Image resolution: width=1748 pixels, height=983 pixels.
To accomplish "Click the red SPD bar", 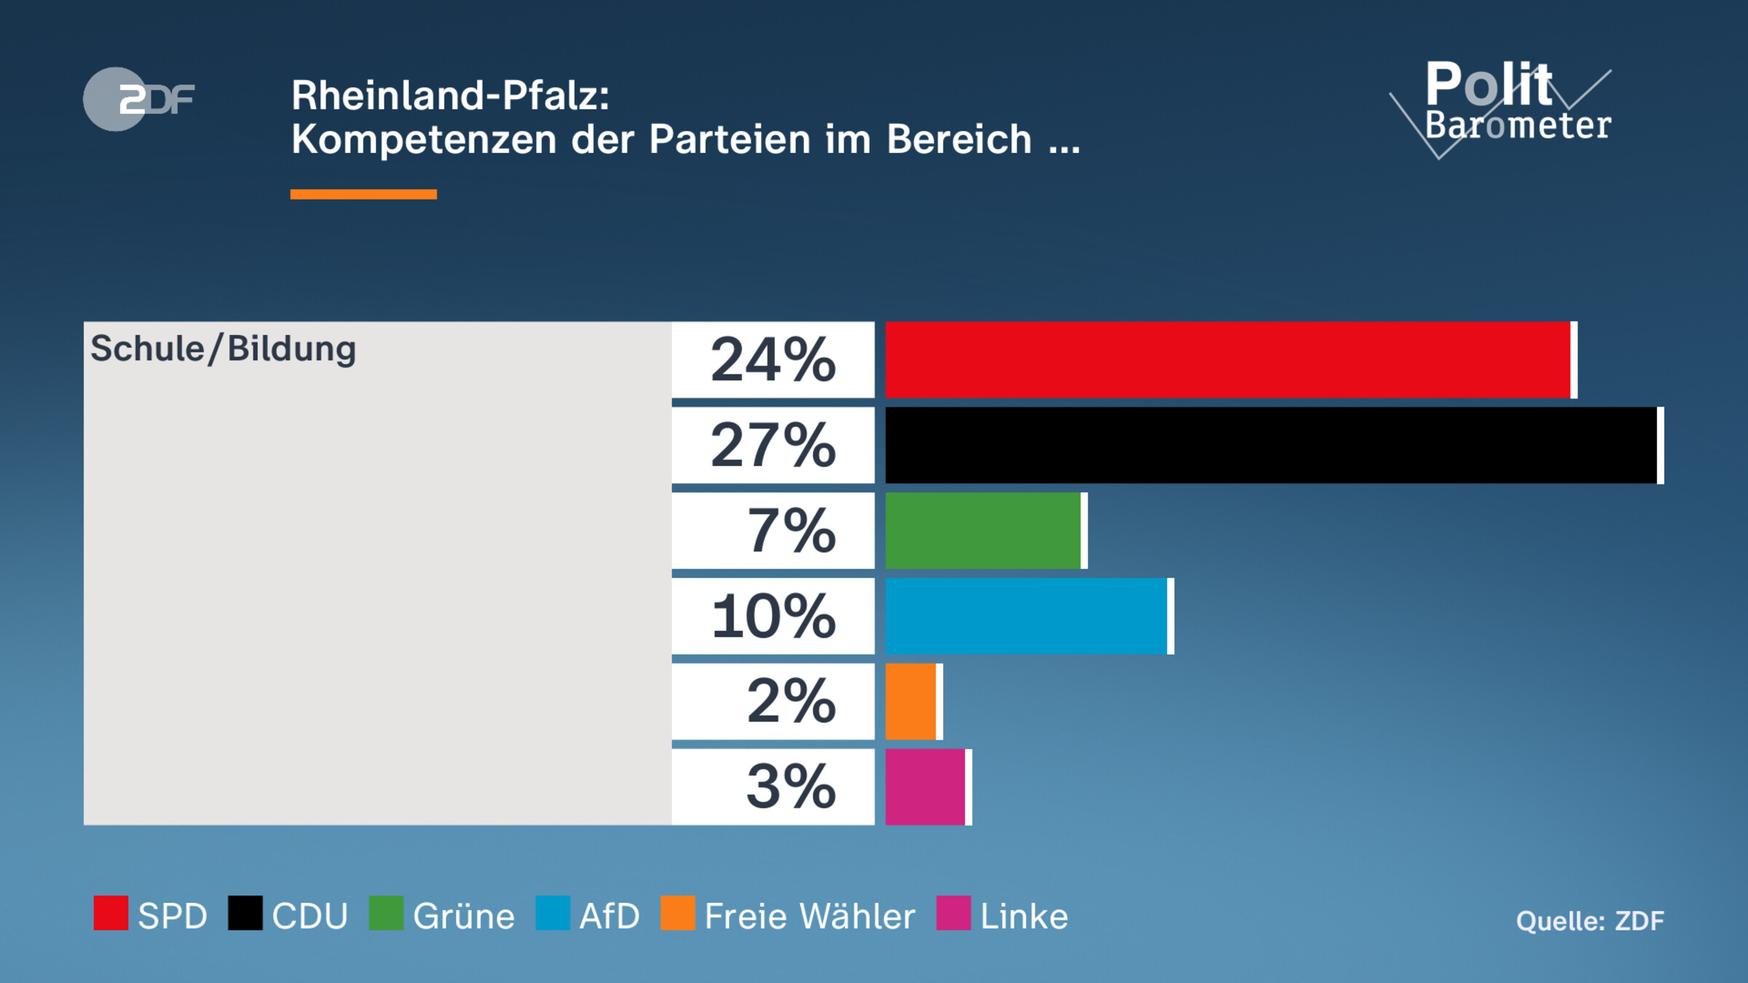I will coord(1228,360).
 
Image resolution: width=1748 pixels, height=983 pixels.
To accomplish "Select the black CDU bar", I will coord(1271,445).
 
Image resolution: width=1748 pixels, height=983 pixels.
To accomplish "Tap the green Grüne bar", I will coord(983,530).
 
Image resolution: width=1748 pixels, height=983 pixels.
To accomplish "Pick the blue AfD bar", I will coord(1026,616).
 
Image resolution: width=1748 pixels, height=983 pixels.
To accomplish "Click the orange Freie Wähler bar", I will coord(910,701).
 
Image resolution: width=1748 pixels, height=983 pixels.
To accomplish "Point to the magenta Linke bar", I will coord(925,786).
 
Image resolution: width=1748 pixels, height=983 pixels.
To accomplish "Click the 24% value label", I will coord(773,360).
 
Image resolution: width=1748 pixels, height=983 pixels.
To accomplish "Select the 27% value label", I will coord(773,445).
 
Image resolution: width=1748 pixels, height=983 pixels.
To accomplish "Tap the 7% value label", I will coord(791,530).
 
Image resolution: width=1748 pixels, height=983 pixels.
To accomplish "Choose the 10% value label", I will coord(773,616).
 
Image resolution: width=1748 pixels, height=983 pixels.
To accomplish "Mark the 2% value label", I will coord(791,701).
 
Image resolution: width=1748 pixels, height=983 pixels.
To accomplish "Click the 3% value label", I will coord(791,786).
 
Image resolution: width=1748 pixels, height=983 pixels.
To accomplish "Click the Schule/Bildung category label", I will coord(223,349).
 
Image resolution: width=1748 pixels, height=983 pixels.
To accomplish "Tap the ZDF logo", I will coord(138,99).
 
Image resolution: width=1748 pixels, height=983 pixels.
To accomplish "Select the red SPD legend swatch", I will coord(111,913).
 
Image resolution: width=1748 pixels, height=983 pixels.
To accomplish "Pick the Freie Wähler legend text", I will coord(809,916).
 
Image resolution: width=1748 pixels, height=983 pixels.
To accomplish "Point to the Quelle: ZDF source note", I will coord(1589,921).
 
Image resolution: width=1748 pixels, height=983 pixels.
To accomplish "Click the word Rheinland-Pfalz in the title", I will coord(449,95).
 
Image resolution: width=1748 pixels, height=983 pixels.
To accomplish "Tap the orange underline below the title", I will coord(363,194).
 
